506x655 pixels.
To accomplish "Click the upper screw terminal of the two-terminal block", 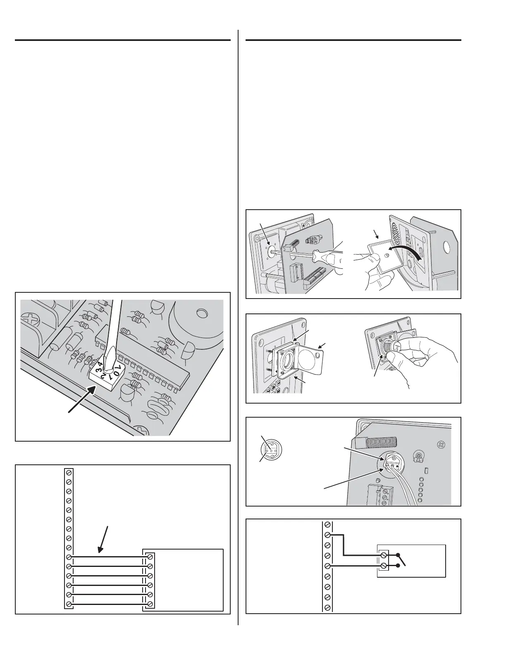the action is (x=384, y=555).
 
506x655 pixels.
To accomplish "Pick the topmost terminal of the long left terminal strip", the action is (x=69, y=472).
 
